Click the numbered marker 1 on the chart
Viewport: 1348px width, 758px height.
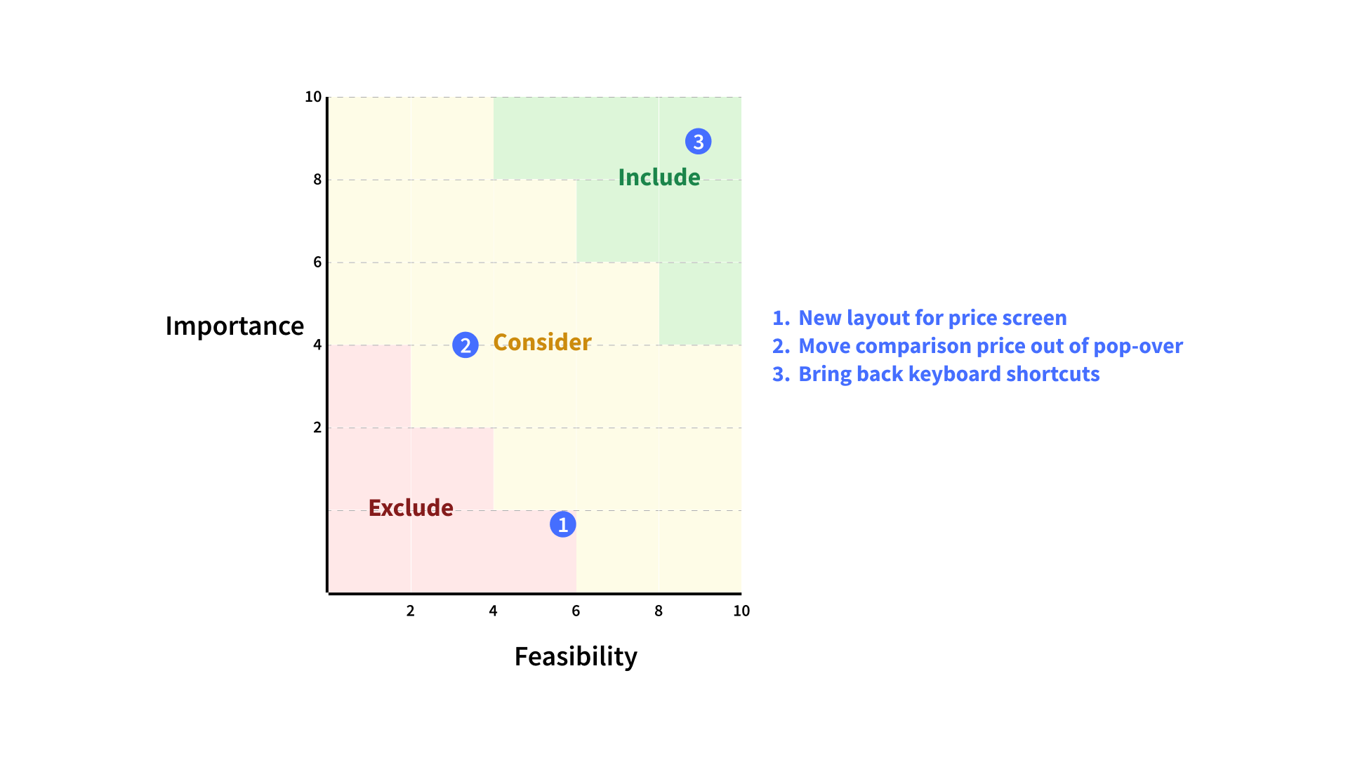(x=562, y=524)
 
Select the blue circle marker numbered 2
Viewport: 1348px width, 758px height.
(x=465, y=345)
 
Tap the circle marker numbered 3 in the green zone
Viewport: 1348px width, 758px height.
(x=699, y=142)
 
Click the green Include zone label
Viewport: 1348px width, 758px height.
(x=659, y=177)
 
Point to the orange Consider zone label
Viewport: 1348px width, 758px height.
(x=542, y=342)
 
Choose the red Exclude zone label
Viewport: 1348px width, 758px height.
(x=411, y=507)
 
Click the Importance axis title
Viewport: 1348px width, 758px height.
(x=234, y=326)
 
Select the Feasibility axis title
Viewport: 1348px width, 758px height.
(x=576, y=656)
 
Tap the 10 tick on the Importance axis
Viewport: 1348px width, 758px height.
(x=313, y=97)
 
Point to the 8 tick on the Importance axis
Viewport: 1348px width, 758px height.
(x=317, y=180)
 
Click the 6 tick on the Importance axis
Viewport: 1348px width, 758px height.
(x=317, y=262)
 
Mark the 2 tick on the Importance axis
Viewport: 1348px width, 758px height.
(x=317, y=427)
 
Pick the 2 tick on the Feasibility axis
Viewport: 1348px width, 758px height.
(x=411, y=611)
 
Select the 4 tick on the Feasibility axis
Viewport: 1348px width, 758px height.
(x=494, y=611)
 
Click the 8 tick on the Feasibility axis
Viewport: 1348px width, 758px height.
(x=659, y=611)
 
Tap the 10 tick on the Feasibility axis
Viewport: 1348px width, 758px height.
(x=741, y=611)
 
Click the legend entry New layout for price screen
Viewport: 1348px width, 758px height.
(x=920, y=318)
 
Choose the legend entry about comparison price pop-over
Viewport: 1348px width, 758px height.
(x=977, y=346)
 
